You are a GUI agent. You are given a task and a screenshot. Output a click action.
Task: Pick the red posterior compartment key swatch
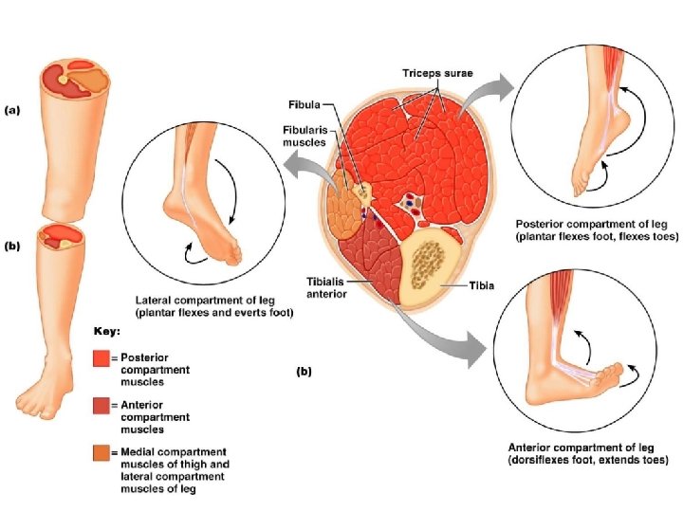pyautogui.click(x=102, y=357)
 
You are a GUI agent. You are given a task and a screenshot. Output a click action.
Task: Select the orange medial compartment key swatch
pyautogui.click(x=102, y=453)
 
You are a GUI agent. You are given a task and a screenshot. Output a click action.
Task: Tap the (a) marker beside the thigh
pyautogui.click(x=12, y=110)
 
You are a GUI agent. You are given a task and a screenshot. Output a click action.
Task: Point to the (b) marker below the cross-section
pyautogui.click(x=304, y=373)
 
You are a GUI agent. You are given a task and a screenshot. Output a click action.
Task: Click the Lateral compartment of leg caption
pyautogui.click(x=214, y=305)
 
